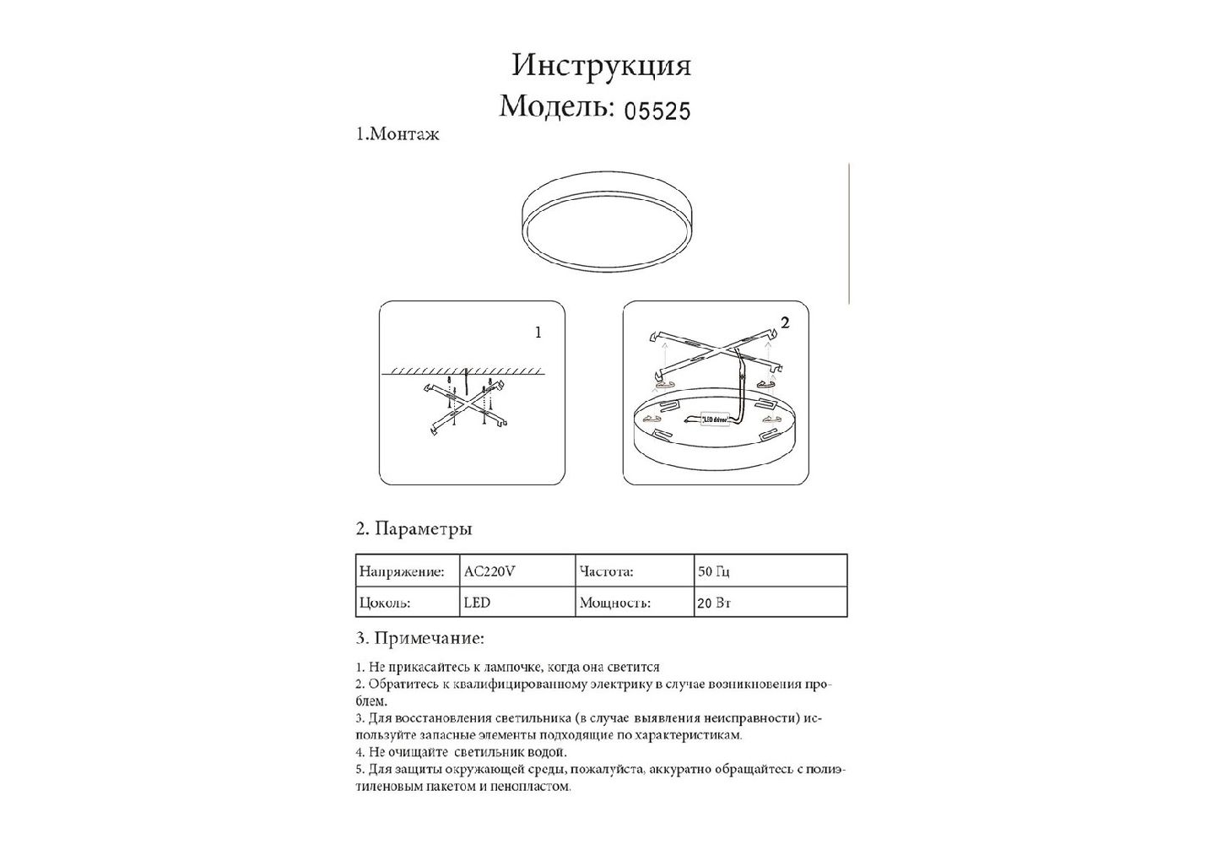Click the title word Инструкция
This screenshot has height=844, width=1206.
pyautogui.click(x=601, y=65)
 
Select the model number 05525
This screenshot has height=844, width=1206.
pyautogui.click(x=657, y=111)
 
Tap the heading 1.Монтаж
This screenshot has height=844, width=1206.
pyautogui.click(x=397, y=134)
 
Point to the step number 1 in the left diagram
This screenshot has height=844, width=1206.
pyautogui.click(x=538, y=333)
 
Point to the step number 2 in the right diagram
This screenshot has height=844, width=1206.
pyautogui.click(x=786, y=322)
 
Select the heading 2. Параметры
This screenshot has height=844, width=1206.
pyautogui.click(x=414, y=529)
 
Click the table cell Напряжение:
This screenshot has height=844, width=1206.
pyautogui.click(x=402, y=571)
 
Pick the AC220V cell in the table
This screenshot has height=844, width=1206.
pyautogui.click(x=489, y=571)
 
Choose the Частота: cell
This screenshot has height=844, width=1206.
pyautogui.click(x=607, y=571)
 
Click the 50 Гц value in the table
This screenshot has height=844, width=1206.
pyautogui.click(x=714, y=571)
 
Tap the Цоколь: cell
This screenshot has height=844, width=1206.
pyautogui.click(x=385, y=603)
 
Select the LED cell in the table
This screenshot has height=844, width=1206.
pyautogui.click(x=477, y=603)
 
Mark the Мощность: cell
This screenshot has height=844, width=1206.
pyautogui.click(x=614, y=603)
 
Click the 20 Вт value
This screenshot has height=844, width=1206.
pyautogui.click(x=714, y=603)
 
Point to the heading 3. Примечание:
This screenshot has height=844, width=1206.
pyautogui.click(x=420, y=638)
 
